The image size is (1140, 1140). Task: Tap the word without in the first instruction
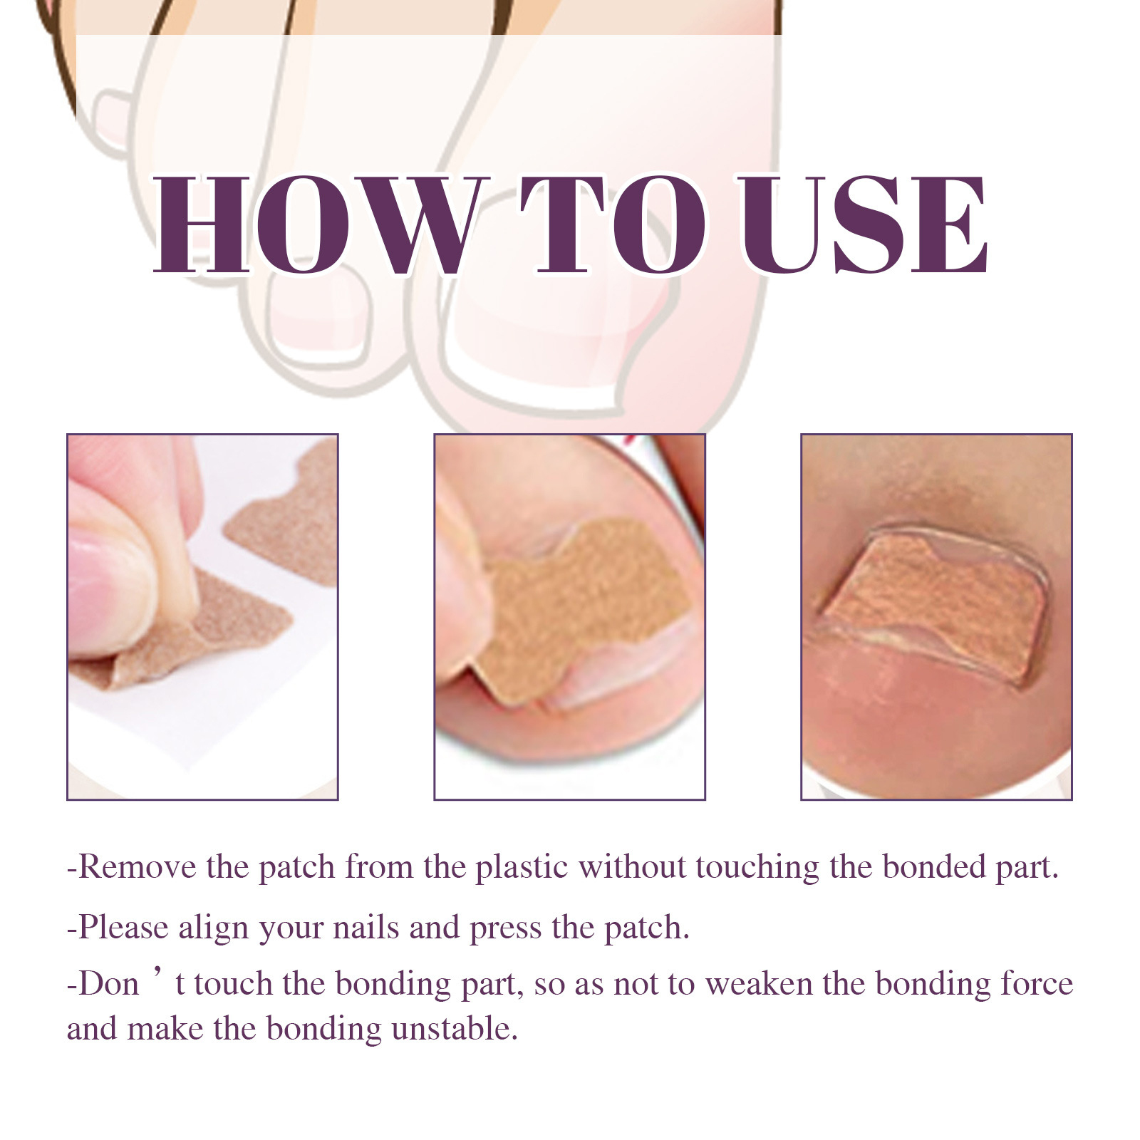633,867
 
